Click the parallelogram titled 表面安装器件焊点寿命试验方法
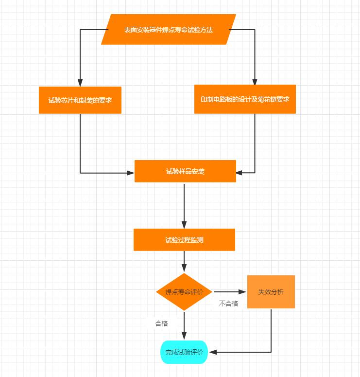[168, 30]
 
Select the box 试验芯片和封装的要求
[80, 100]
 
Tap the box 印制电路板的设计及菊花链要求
[245, 99]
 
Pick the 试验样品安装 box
[185, 171]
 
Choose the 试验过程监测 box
[184, 240]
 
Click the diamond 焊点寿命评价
[184, 292]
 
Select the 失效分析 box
[271, 292]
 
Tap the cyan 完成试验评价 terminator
[184, 352]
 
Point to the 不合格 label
[228, 304]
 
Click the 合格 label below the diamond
[161, 323]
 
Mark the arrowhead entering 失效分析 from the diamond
[243, 292]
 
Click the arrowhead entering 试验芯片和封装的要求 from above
[80, 83]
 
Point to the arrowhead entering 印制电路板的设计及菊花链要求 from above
[255, 81]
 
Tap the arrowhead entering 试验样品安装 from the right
[240, 172]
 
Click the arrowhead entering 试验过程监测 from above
[184, 225]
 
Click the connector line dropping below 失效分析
[271, 331]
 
